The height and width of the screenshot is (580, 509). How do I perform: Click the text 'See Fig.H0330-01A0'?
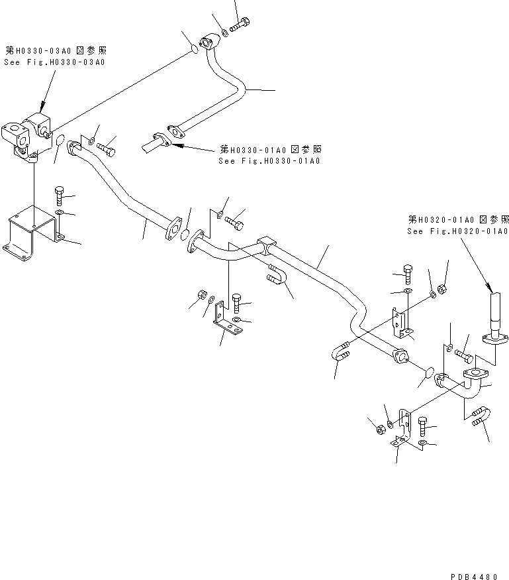[269, 161]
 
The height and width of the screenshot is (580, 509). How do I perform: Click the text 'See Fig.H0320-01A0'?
[457, 231]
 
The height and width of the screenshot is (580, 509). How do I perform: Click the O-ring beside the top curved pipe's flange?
[193, 49]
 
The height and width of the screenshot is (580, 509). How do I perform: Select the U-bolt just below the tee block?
[278, 275]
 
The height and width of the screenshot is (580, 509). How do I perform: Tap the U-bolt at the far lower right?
[481, 417]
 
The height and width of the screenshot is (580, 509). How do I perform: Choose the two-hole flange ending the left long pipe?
[174, 226]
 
